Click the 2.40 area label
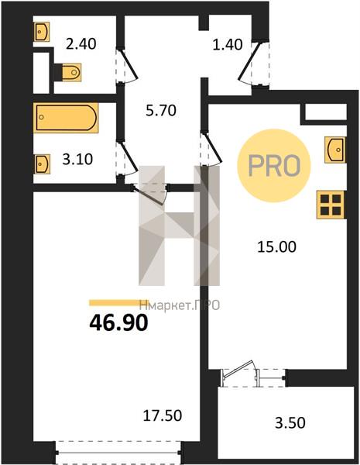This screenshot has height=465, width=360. pyautogui.click(x=81, y=44)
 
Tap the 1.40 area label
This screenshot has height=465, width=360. pyautogui.click(x=228, y=44)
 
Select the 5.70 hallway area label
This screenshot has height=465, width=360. pyautogui.click(x=161, y=111)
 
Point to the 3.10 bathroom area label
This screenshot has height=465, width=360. pyautogui.click(x=77, y=159)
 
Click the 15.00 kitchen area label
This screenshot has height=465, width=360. pyautogui.click(x=276, y=246)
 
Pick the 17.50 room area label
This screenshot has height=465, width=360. pyautogui.click(x=163, y=415)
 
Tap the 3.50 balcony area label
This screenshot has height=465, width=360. pyautogui.click(x=290, y=423)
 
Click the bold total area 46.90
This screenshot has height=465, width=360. pyautogui.click(x=118, y=322)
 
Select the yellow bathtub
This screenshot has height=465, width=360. pyautogui.click(x=66, y=118)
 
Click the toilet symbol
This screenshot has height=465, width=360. pyautogui.click(x=70, y=72)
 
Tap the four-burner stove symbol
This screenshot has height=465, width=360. pyautogui.click(x=331, y=205)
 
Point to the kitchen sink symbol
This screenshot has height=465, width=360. pyautogui.click(x=335, y=150)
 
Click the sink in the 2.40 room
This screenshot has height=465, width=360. pyautogui.click(x=41, y=32)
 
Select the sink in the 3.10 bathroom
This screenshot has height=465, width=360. pyautogui.click(x=42, y=164)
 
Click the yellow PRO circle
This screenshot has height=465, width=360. pyautogui.click(x=274, y=166)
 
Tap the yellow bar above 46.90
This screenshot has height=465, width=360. pyautogui.click(x=118, y=303)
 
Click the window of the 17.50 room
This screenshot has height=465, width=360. pyautogui.click(x=118, y=453)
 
